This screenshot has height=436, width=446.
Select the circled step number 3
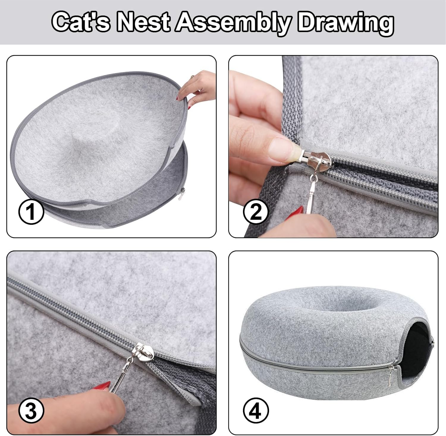pyautogui.click(x=31, y=411)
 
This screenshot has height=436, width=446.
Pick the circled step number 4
pyautogui.click(x=256, y=411)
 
